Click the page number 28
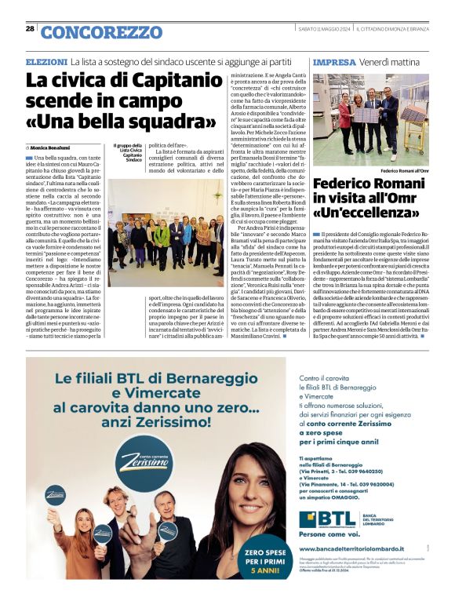point(30,29)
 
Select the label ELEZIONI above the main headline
point(46,61)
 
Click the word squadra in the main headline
point(173,122)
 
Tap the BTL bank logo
point(324,519)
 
